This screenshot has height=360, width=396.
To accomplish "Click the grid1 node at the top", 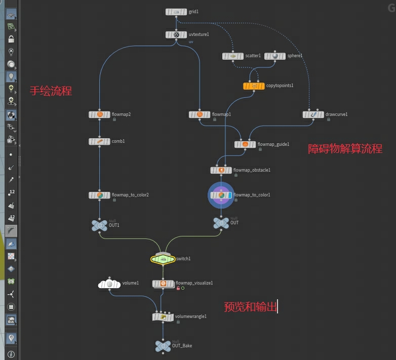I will pyautogui.click(x=176, y=12).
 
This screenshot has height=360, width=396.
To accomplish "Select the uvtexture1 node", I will pyautogui.click(x=176, y=35).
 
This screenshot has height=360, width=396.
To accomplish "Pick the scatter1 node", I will pyautogui.click(x=232, y=56).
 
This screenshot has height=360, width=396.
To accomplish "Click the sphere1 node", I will pyautogui.click(x=274, y=56).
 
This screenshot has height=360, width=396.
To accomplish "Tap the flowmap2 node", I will pyautogui.click(x=99, y=115).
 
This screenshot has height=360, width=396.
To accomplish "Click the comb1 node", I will pyautogui.click(x=99, y=142).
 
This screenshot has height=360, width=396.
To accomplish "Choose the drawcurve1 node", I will pyautogui.click(x=313, y=115).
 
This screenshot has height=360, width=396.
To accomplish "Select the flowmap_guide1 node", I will pyautogui.click(x=245, y=144).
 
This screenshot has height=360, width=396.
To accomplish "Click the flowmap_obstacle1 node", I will pyautogui.click(x=221, y=171).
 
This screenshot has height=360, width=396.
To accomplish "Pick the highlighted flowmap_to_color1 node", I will pyautogui.click(x=221, y=195).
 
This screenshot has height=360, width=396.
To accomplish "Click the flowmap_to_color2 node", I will pyautogui.click(x=99, y=195).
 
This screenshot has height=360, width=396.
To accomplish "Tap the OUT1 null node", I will pyautogui.click(x=99, y=225).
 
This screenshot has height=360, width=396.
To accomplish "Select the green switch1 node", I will pyautogui.click(x=163, y=259).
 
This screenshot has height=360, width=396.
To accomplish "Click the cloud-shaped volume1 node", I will pyautogui.click(x=109, y=284).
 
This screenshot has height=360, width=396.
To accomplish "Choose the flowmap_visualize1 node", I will pyautogui.click(x=163, y=284).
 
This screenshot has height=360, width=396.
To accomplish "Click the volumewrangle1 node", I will pyautogui.click(x=163, y=317).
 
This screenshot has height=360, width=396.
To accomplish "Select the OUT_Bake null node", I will pyautogui.click(x=163, y=346).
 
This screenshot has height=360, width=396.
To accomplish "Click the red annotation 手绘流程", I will pyautogui.click(x=51, y=91).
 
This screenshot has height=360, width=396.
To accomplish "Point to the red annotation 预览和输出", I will pyautogui.click(x=250, y=307).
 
